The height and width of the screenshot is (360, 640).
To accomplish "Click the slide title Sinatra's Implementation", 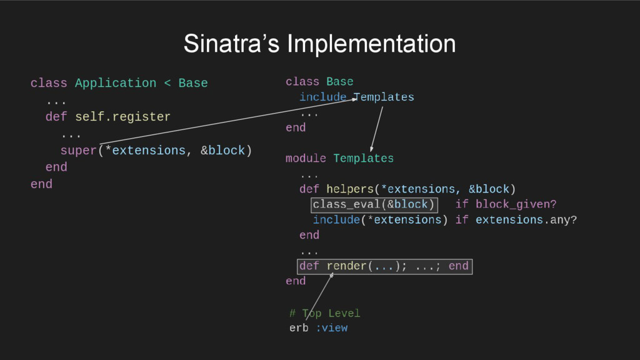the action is click(319, 44).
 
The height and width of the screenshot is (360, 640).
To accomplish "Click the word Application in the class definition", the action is click(116, 83).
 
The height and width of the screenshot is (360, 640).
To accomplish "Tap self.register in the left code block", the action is click(122, 117).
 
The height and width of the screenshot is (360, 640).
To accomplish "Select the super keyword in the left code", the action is click(79, 151).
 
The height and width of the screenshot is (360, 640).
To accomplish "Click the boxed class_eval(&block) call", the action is click(374, 204).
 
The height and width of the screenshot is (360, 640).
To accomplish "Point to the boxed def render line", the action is click(384, 266).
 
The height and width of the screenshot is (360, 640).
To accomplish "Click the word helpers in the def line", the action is click(349, 189).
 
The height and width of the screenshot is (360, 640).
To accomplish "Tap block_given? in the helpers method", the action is click(516, 204).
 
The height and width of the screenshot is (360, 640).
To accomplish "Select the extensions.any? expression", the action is click(526, 220).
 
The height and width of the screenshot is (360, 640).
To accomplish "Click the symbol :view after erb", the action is click(331, 328).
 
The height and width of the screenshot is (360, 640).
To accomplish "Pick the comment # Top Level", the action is click(325, 313).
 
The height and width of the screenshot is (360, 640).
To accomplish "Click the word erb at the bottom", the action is click(299, 328).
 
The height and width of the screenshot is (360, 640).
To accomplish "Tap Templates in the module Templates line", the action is click(364, 159).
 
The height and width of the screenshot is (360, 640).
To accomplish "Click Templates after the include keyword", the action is click(384, 97).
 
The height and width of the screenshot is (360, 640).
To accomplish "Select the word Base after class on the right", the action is click(340, 82).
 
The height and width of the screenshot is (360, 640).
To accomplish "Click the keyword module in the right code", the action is click(306, 159).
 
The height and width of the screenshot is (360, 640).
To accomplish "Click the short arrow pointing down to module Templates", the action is click(376, 129).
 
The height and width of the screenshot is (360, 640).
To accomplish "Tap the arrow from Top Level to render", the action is click(319, 296).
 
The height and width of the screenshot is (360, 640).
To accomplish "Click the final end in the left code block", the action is click(41, 184).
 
